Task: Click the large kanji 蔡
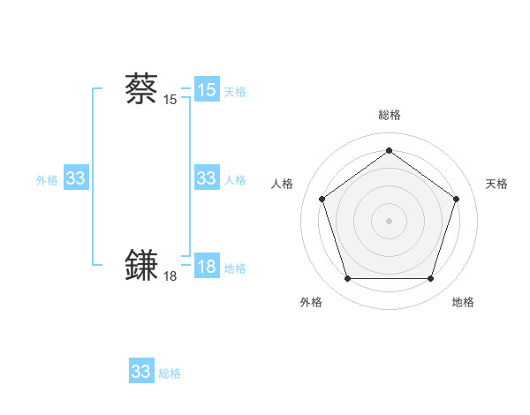coord(141,89)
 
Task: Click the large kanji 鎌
coord(141,266)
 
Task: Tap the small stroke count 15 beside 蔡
coord(170,100)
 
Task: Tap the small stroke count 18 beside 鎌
coord(170,276)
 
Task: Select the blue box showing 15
coord(207,90)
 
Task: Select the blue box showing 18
coord(207,267)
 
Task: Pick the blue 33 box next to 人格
coord(207,178)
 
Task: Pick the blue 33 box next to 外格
coord(76,178)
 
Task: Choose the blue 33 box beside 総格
coord(141,372)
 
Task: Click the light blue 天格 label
coord(235,92)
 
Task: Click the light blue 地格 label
coord(235,268)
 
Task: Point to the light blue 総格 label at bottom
coord(170,373)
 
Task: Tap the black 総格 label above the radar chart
coord(389,115)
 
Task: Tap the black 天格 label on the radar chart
coord(496,184)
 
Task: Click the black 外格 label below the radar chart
coord(311,303)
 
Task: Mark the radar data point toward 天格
coord(456,199)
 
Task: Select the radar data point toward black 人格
coord(322,199)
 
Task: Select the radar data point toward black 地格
coord(430,278)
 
